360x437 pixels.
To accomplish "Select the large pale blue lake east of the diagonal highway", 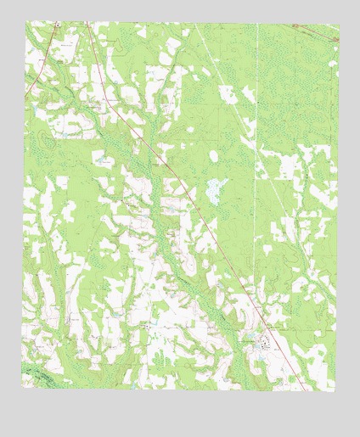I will pyautogui.click(x=216, y=190).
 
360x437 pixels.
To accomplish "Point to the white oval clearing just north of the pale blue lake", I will pyautogui.click(x=213, y=157).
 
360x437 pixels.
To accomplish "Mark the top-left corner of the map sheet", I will pyautogui.click(x=25, y=22).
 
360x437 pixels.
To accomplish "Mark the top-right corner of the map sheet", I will pyautogui.click(x=339, y=22).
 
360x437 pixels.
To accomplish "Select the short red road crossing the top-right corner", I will pyautogui.click(x=321, y=31).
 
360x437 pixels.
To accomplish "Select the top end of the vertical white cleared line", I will pyautogui.click(x=256, y=23).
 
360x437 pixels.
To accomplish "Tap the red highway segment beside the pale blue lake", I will pyautogui.click(x=188, y=191).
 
